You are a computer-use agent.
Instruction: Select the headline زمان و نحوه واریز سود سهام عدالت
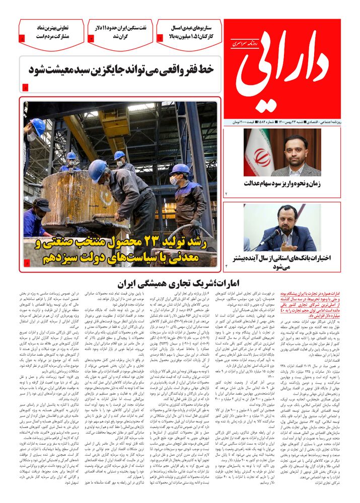[x=284, y=183]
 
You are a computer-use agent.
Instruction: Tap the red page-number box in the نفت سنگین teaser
[x=91, y=38]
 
